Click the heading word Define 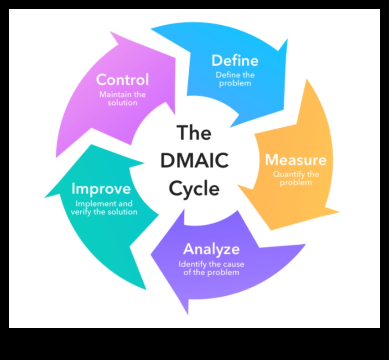(235, 60)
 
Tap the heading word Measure (295, 160)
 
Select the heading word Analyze (211, 249)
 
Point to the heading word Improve (101, 189)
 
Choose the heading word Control (122, 80)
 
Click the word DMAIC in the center (194, 160)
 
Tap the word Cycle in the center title (194, 189)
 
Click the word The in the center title (194, 133)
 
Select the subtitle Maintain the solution (122, 98)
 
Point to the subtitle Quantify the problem (296, 178)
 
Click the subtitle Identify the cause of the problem (211, 268)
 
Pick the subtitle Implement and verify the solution (104, 207)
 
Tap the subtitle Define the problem (235, 79)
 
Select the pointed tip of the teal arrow (45, 196)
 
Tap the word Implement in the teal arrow (91, 203)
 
